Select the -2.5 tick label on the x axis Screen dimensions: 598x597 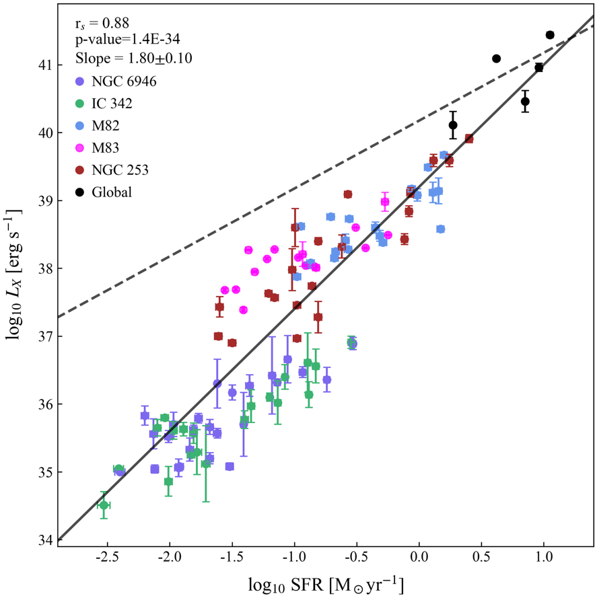(106, 558)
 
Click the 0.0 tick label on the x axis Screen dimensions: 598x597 (419, 558)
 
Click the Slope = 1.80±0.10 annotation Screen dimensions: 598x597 (134, 59)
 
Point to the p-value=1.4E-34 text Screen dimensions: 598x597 (125, 41)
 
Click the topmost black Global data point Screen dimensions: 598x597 (550, 35)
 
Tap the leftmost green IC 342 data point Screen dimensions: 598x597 (104, 504)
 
